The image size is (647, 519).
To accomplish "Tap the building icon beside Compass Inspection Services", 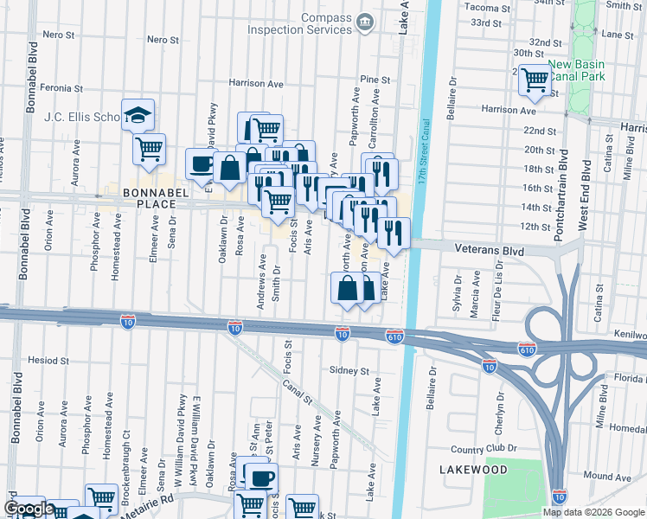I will [x=365, y=20].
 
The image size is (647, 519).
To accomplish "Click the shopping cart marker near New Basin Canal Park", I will [x=535, y=80].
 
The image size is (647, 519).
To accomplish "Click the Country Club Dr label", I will [x=483, y=449].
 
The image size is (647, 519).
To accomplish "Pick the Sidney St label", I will [x=349, y=370].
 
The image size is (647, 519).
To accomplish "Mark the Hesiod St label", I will [x=48, y=360].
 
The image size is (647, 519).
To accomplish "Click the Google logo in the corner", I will [x=29, y=509].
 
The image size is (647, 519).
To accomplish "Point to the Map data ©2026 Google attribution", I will [x=593, y=512].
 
